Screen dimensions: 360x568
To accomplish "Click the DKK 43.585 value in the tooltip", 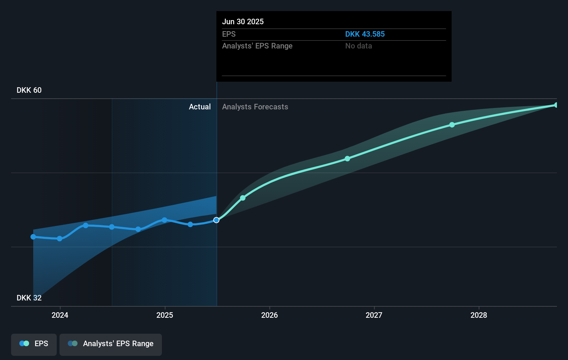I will click(x=365, y=34).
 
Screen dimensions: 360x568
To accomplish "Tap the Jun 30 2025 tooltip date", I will click(x=242, y=21).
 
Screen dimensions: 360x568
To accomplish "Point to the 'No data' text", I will click(x=358, y=46).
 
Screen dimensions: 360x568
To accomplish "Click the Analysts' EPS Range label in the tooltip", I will click(x=257, y=46).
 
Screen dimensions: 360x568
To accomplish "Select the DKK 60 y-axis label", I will click(x=29, y=90).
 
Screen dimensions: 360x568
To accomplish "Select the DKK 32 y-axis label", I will click(x=29, y=298).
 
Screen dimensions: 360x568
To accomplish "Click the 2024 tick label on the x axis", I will click(x=60, y=315).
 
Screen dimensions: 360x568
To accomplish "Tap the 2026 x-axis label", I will click(x=269, y=315).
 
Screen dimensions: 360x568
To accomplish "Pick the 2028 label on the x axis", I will click(x=479, y=315).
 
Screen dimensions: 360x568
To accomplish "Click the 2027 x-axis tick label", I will click(x=374, y=315).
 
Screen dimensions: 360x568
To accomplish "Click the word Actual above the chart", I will click(x=200, y=107).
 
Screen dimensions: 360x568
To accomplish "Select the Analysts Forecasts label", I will click(x=255, y=107).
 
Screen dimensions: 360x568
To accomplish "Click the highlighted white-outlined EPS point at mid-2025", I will click(x=216, y=220).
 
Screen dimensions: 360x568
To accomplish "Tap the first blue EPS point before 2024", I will click(x=33, y=237).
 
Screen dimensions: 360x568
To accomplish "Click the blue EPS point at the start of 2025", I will click(x=165, y=220).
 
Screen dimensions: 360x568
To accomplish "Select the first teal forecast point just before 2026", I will click(x=243, y=198).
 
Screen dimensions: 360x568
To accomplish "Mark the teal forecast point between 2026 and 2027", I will click(x=347, y=159).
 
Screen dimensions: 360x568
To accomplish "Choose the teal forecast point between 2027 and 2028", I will click(x=452, y=125).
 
